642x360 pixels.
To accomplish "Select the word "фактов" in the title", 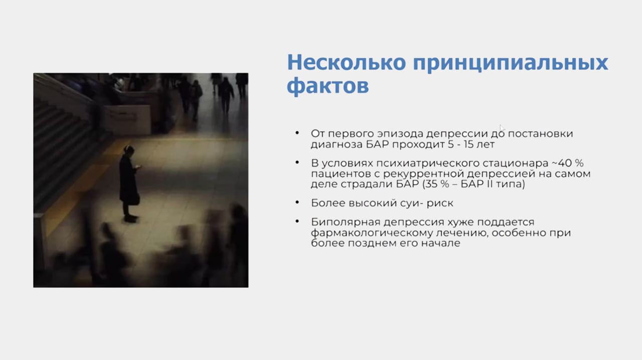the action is pos(328,85).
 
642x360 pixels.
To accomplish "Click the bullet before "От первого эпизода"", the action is pos(297,133).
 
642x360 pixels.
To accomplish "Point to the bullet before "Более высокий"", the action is pos(297,203).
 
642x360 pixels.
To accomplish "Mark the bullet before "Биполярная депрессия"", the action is pos(297,221).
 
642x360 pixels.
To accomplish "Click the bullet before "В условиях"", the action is pos(297,162).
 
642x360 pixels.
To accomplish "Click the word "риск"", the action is pos(440,204).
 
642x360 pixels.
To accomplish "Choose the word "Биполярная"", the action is pos(346,223).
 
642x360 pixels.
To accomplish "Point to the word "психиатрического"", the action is pos(428,163).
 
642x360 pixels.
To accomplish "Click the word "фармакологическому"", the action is pos(371,233).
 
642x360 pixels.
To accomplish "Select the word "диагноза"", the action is pos(337,145).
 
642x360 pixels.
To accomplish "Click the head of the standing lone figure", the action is pos(129,149).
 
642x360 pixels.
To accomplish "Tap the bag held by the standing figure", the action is pos(135,199).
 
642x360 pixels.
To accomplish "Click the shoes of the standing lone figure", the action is pos(130,219).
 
